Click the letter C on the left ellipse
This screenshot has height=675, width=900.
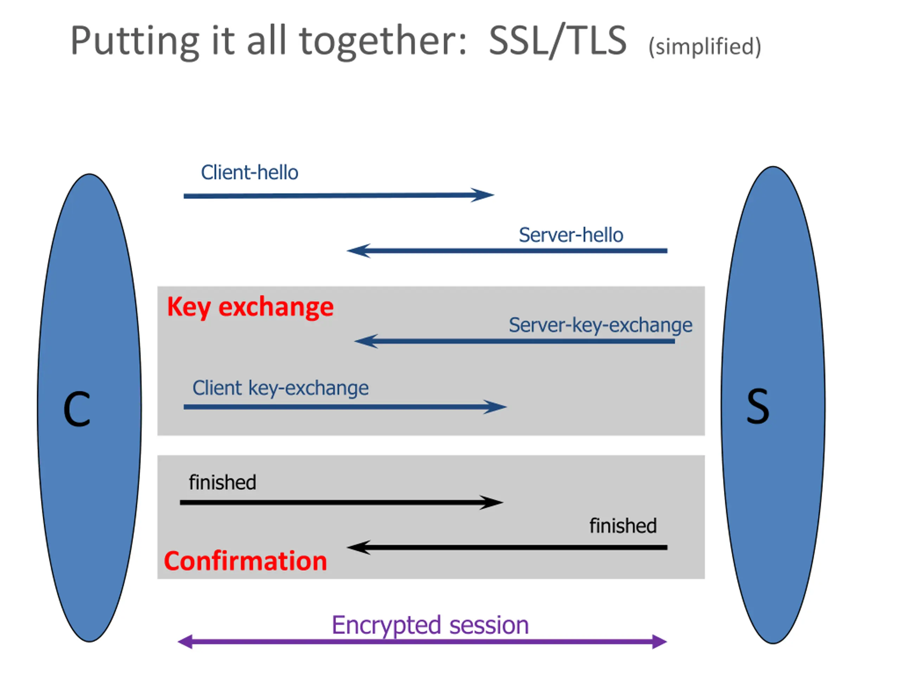(x=77, y=409)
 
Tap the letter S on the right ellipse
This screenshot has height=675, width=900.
(x=758, y=406)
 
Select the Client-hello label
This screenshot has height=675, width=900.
(x=249, y=173)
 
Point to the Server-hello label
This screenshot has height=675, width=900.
(x=571, y=235)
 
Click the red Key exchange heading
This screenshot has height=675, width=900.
(x=250, y=307)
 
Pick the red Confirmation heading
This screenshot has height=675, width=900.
(x=245, y=561)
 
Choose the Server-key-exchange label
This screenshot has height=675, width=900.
(x=600, y=325)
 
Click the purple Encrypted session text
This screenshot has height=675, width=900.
(x=430, y=625)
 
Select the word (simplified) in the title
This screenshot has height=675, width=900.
(x=705, y=46)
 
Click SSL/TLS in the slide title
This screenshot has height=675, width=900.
(x=558, y=41)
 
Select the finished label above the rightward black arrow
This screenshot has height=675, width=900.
(x=223, y=483)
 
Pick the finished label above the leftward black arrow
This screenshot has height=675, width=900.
(x=623, y=526)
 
